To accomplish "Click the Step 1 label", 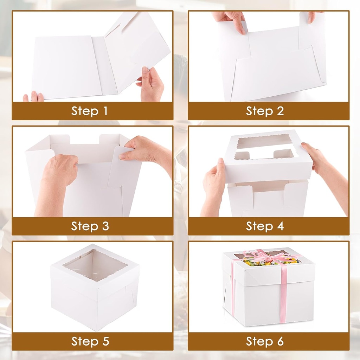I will coord(90,111).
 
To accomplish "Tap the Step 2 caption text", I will coord(265,111).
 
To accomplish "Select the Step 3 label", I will coord(90,226).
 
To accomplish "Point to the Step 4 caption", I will coord(265,226).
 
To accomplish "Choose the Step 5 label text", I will coord(90,341).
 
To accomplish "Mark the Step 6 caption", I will coord(265,341).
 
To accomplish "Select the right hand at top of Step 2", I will coord(313,16).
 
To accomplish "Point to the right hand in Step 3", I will coord(144,149).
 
